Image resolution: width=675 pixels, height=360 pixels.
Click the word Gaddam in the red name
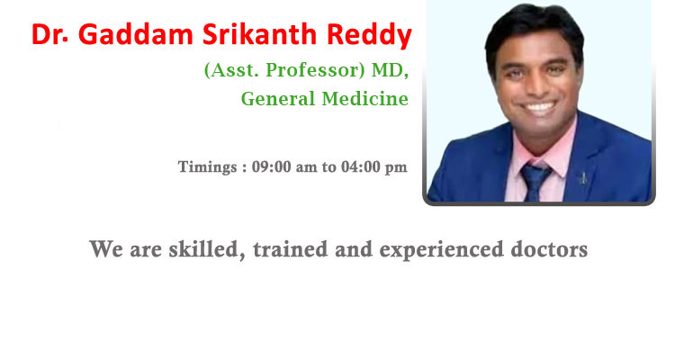click(136, 34)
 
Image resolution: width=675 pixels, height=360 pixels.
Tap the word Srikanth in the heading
click(259, 34)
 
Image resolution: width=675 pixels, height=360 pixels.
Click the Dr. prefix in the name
click(49, 34)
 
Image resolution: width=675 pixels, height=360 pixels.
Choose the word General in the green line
click(278, 99)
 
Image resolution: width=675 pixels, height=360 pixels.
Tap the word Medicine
click(365, 99)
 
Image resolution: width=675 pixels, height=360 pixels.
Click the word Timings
click(208, 167)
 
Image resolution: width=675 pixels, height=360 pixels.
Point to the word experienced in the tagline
click(442, 250)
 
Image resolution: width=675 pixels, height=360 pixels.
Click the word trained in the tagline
click(290, 249)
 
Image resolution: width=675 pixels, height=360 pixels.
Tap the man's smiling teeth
click(539, 106)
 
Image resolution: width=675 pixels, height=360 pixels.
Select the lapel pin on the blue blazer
click(583, 178)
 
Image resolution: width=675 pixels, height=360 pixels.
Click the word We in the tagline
click(106, 249)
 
